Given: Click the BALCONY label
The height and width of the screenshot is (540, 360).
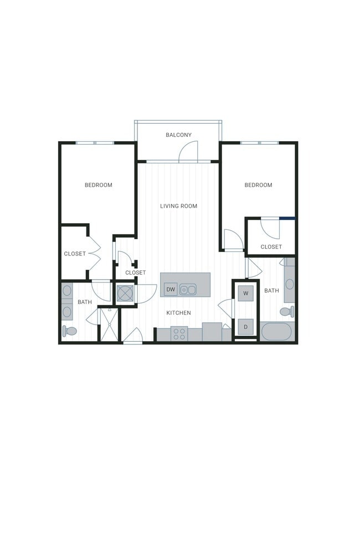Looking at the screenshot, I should click(178, 135).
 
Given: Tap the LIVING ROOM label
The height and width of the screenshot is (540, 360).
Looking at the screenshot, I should click(178, 206).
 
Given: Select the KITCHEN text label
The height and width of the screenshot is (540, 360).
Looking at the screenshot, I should click(178, 313).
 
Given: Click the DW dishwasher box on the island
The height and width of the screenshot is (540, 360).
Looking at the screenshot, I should click(171, 289).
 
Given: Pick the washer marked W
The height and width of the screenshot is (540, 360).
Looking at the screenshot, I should click(245, 293).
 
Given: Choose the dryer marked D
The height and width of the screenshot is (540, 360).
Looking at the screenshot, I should click(245, 327).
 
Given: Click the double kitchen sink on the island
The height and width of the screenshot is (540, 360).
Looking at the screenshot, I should click(188, 289).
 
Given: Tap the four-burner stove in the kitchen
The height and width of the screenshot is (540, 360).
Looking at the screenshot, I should click(179, 333).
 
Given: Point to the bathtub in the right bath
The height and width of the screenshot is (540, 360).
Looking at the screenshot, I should click(276, 331).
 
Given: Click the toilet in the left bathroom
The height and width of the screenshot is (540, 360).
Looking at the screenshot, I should click(69, 331).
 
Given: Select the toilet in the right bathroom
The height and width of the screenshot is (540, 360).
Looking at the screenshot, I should click(286, 312).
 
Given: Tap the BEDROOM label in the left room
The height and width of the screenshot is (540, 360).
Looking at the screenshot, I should click(98, 185).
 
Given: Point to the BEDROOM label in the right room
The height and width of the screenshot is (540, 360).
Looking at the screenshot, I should click(258, 185).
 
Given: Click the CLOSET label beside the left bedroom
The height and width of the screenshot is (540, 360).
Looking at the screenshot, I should click(75, 254).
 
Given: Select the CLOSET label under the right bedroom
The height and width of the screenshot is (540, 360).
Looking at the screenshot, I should click(271, 247).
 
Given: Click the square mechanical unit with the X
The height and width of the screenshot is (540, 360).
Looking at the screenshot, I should click(125, 294).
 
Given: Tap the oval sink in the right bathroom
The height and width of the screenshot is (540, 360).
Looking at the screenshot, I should click(289, 284).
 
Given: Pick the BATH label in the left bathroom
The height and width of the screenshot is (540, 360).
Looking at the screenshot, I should click(85, 302).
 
